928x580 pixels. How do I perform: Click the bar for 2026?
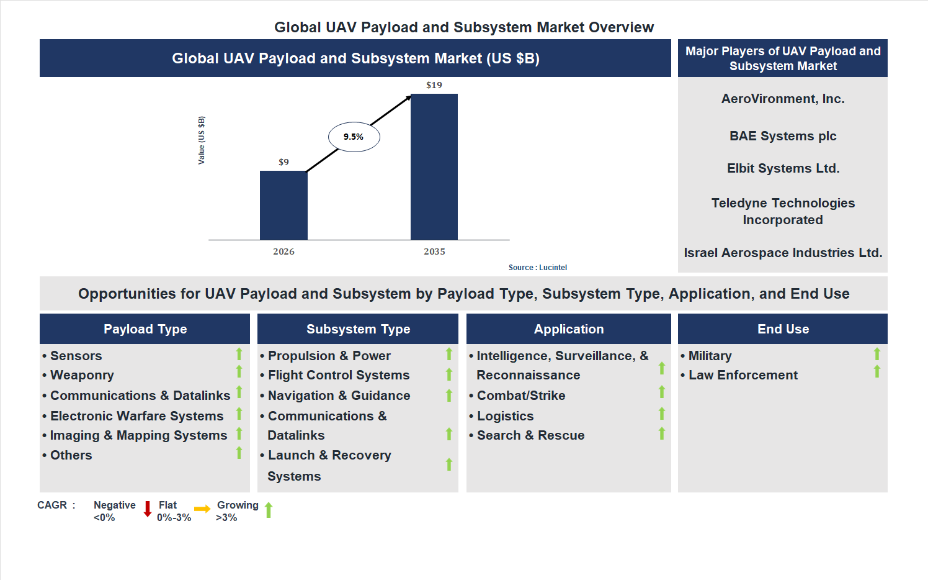(283, 205)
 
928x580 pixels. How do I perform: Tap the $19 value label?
(434, 85)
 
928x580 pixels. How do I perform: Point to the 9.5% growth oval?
(354, 137)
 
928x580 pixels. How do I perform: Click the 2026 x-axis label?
(283, 251)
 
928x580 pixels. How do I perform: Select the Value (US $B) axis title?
(202, 140)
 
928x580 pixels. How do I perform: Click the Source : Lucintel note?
(537, 268)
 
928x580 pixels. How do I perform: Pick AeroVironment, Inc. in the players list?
(783, 99)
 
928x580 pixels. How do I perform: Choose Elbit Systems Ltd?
(783, 168)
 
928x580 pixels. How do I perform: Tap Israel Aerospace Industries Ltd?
(783, 253)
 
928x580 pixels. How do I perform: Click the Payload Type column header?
(145, 329)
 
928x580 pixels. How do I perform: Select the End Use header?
(783, 329)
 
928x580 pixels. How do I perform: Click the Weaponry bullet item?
(82, 375)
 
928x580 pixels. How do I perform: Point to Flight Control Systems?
(339, 375)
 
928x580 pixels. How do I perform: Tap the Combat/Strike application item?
(521, 396)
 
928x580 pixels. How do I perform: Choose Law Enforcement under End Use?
(743, 375)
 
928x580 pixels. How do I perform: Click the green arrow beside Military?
(877, 354)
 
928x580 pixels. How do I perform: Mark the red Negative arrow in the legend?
(148, 509)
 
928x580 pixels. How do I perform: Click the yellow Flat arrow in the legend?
(202, 509)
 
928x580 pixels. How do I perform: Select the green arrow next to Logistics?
(662, 414)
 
